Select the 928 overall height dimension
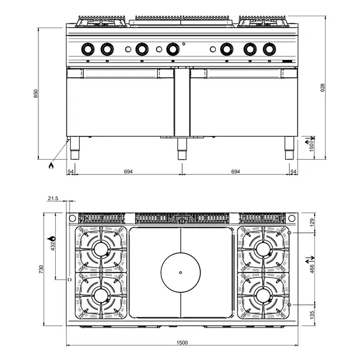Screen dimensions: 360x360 [x=323, y=88]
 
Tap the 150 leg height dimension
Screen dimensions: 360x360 [x=311, y=148]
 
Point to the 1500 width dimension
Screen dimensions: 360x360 [x=182, y=343]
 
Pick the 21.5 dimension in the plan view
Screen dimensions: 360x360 [x=52, y=198]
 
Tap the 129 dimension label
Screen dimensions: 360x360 [x=311, y=221]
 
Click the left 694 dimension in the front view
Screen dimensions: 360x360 [x=128, y=172]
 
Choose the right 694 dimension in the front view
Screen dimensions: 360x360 [x=235, y=172]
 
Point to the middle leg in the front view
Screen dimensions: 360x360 [x=181, y=148]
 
